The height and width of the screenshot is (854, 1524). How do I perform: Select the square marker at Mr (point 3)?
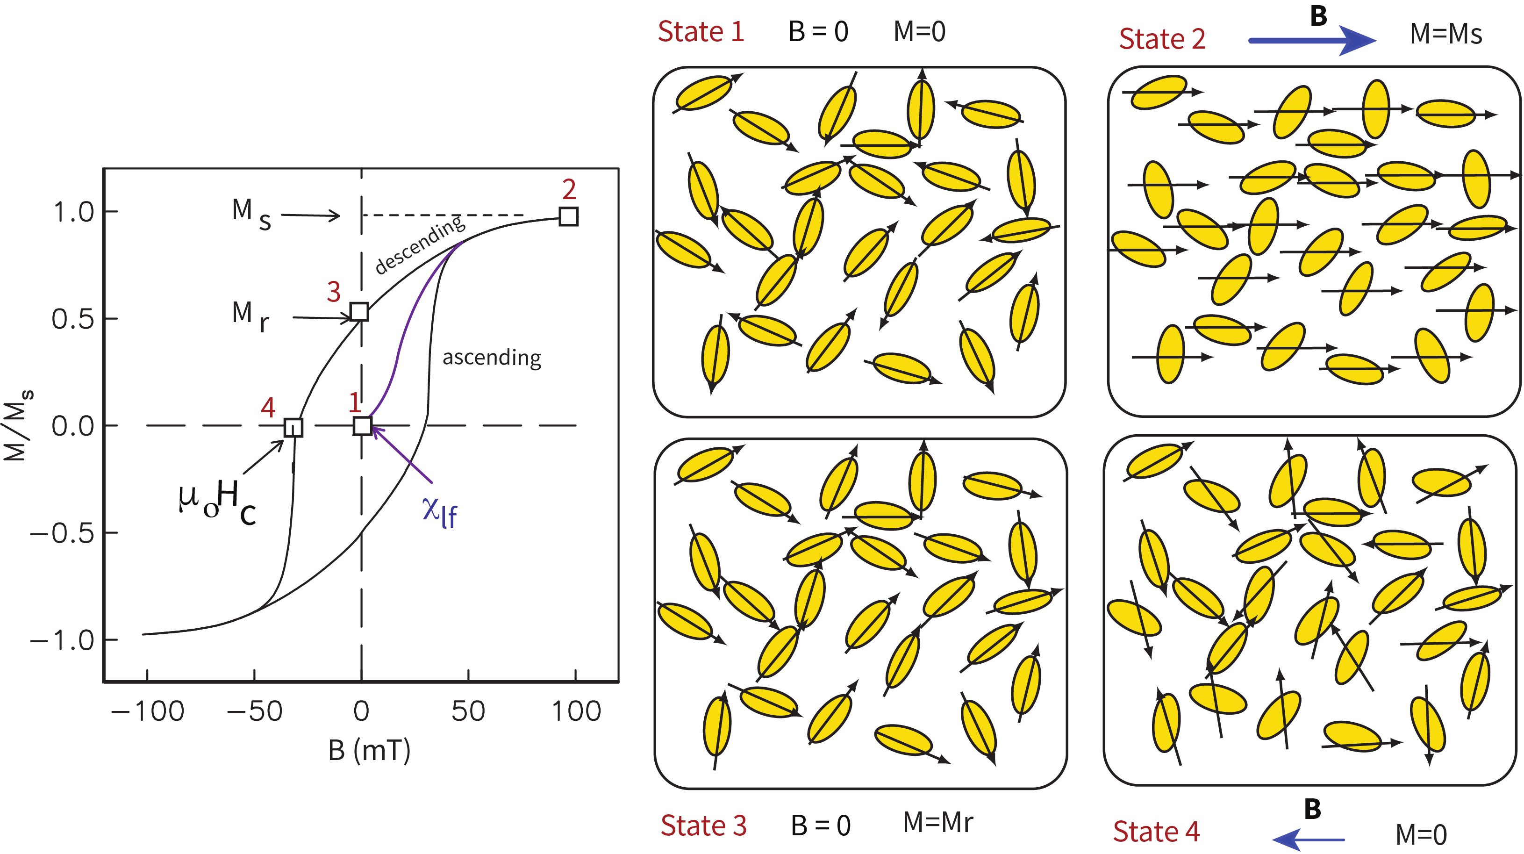[359, 311]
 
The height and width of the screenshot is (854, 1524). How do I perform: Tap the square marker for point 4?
[293, 427]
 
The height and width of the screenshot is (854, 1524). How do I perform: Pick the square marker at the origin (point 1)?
[362, 425]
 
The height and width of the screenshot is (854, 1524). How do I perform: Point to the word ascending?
[492, 358]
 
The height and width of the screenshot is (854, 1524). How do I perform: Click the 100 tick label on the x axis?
[576, 711]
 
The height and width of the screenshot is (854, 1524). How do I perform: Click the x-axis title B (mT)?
[369, 750]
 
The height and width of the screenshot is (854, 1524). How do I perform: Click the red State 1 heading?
[701, 31]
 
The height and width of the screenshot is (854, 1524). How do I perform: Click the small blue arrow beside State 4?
[1308, 839]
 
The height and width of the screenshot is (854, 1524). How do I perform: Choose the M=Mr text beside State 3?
[937, 823]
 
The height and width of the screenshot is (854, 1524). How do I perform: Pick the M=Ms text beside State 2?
[1445, 34]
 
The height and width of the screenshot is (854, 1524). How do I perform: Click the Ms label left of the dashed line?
[251, 213]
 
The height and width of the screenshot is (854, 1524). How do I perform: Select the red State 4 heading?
[1155, 832]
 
